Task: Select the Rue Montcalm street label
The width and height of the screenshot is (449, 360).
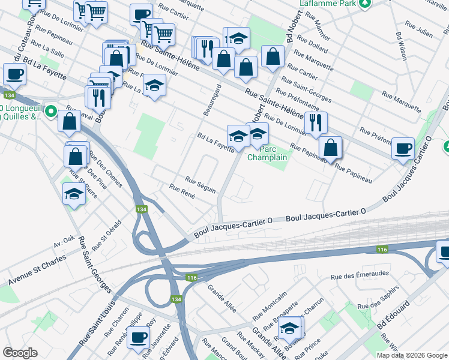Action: (x=267, y=308)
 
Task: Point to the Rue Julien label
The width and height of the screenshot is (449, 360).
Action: (x=419, y=28)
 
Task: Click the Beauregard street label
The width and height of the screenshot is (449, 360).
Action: (x=212, y=100)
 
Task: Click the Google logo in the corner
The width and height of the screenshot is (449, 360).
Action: (x=20, y=353)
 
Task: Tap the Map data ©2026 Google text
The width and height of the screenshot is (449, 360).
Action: (x=411, y=355)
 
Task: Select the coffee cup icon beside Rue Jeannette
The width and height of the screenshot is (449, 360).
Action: (x=139, y=337)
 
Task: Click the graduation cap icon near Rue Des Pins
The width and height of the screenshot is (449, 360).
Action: (x=74, y=194)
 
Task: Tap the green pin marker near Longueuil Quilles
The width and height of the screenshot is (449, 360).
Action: (x=51, y=111)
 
